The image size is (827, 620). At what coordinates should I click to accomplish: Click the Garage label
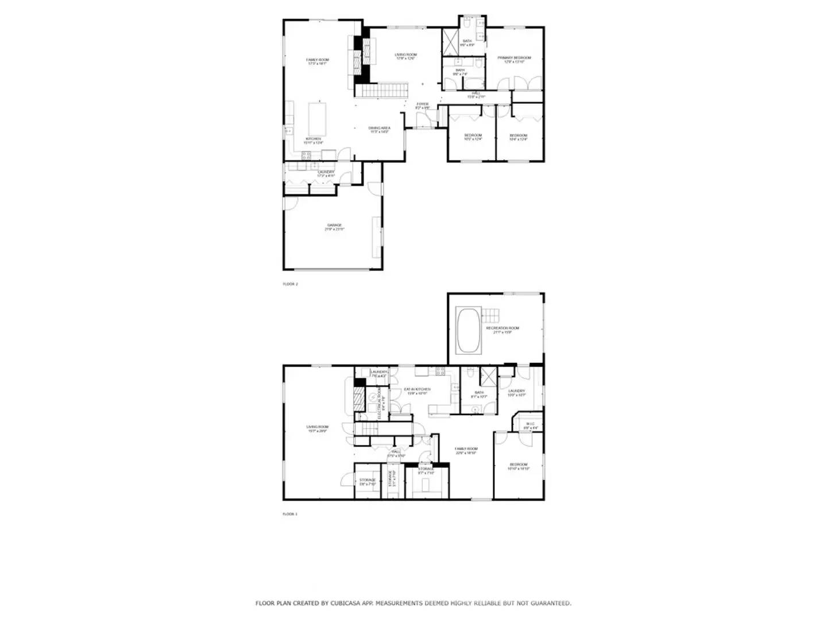pos(334,226)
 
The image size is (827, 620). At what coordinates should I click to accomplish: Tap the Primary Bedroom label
pos(514,58)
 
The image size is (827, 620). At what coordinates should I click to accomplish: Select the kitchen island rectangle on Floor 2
pos(317,118)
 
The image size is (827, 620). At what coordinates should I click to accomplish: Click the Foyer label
pos(423,104)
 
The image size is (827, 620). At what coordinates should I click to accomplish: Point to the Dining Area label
pos(379,128)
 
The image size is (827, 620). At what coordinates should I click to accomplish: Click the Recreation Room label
pos(503,328)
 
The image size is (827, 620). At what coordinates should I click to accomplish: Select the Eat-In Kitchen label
pos(418,389)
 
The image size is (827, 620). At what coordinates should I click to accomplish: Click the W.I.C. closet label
pos(530,424)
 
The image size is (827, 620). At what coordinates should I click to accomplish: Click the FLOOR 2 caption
pos(291,284)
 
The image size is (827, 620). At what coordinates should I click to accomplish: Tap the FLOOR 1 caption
pos(290,514)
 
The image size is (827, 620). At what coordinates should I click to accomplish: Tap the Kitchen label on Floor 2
pos(313,139)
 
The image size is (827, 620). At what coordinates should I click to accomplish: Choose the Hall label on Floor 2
pos(476,93)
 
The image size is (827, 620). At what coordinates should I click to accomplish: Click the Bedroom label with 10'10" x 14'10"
pos(518,465)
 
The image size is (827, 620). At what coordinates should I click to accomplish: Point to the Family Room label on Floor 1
pos(466,449)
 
